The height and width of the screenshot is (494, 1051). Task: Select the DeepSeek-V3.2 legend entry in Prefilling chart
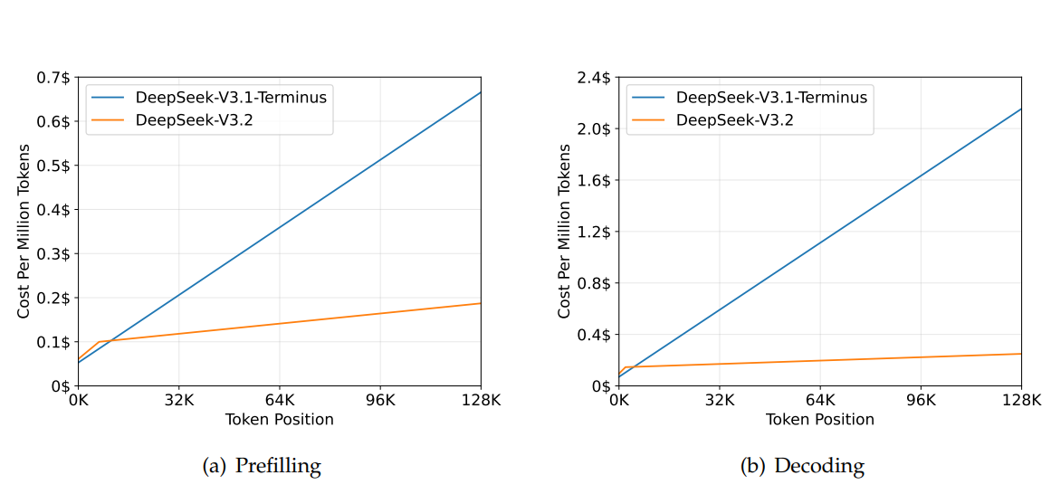(x=194, y=119)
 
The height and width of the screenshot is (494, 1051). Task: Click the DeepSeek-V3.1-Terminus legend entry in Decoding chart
(x=772, y=98)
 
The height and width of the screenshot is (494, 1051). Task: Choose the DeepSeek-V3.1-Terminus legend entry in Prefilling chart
(x=231, y=98)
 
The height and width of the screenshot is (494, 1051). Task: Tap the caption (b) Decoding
(x=802, y=467)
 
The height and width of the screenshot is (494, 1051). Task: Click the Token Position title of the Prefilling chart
(x=279, y=420)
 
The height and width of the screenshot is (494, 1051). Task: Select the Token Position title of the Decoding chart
(x=819, y=420)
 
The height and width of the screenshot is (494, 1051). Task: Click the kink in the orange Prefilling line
(x=98, y=342)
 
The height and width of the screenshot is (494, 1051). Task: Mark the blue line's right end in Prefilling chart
(x=481, y=91)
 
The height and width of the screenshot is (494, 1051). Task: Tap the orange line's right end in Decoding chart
(x=1021, y=354)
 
